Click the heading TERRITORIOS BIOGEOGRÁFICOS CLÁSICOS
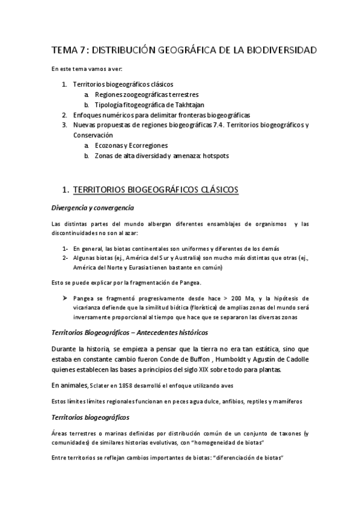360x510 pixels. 156,190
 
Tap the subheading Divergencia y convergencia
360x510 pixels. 92,207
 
